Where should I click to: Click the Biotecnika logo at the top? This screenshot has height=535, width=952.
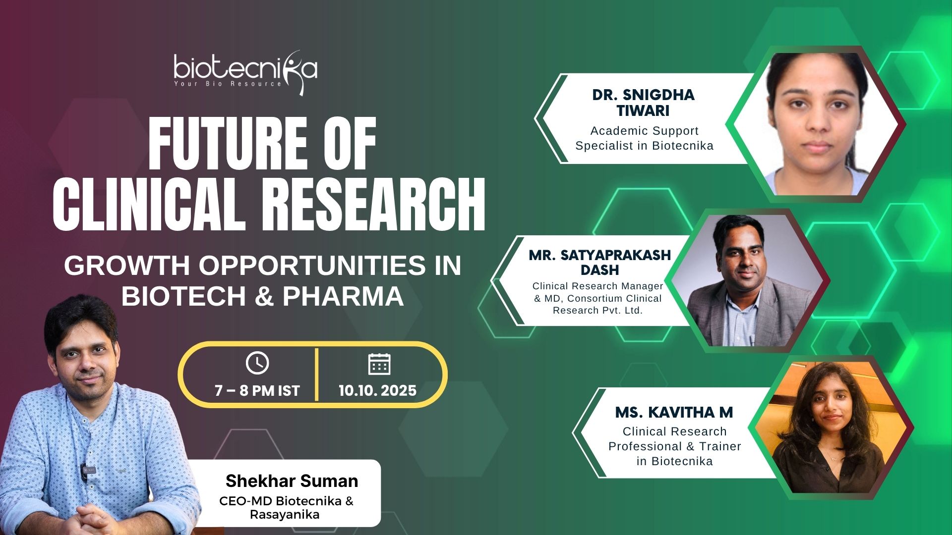pyautogui.click(x=245, y=72)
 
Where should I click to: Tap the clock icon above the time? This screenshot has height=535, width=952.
pyautogui.click(x=257, y=363)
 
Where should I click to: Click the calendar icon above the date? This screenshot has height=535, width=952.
pyautogui.click(x=379, y=364)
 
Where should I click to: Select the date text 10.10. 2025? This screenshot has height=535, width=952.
pyautogui.click(x=377, y=391)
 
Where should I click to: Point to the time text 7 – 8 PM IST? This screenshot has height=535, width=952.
pyautogui.click(x=257, y=391)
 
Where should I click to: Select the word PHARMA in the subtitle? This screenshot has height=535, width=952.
pyautogui.click(x=343, y=296)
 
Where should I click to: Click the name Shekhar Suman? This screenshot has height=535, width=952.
pyautogui.click(x=292, y=481)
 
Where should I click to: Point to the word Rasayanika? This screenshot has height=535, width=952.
pyautogui.click(x=285, y=515)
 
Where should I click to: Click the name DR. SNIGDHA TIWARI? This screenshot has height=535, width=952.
pyautogui.click(x=644, y=103)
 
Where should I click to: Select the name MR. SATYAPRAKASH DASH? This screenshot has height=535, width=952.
pyautogui.click(x=600, y=263)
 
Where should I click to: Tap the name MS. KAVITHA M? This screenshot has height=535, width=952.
pyautogui.click(x=674, y=412)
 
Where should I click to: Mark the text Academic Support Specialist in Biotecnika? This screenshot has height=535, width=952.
pyautogui.click(x=645, y=138)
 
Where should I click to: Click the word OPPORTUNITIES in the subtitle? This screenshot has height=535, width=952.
pyautogui.click(x=312, y=266)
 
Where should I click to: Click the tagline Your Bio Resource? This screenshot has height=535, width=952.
pyautogui.click(x=228, y=84)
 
